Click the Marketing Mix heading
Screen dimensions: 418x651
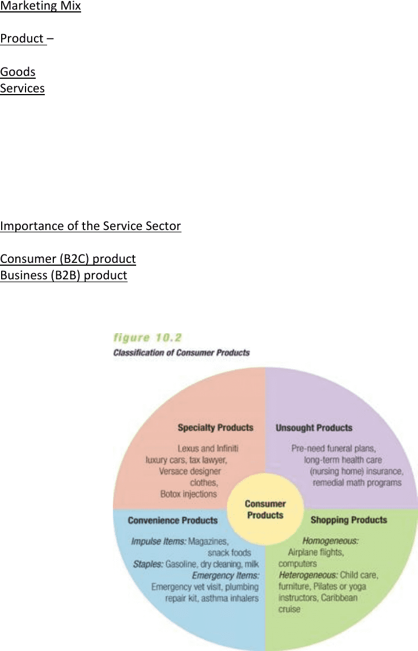point(40,6)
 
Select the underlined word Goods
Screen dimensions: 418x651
point(18,72)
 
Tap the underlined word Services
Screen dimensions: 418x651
point(22,88)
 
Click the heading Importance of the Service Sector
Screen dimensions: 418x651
point(91,226)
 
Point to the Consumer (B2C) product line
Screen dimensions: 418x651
point(67,259)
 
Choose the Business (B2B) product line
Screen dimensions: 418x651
point(64,276)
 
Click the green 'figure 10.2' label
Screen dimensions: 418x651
point(147,338)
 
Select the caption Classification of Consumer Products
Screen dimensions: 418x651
point(181,353)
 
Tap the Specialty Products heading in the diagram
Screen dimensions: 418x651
point(215,428)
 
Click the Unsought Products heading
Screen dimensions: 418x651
point(314,428)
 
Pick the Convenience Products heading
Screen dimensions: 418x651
point(172,520)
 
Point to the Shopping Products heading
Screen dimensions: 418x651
point(349,520)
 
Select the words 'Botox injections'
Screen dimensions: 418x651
point(189,494)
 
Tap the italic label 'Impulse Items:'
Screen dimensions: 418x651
point(159,542)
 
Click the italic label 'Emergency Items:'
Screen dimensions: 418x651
point(226,576)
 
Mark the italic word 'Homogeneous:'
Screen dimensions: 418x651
point(330,541)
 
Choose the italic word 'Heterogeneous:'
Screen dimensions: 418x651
point(308,575)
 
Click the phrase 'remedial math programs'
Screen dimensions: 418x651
point(357,483)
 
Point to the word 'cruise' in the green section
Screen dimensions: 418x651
point(289,609)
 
